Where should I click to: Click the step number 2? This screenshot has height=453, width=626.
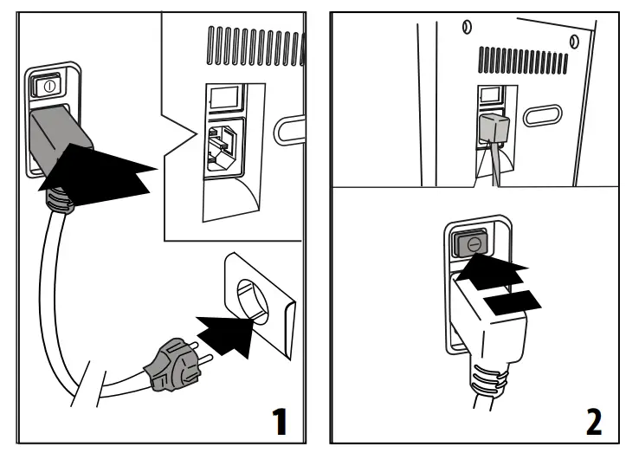[x=593, y=422]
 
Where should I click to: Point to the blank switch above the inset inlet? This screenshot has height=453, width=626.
[x=223, y=96]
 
